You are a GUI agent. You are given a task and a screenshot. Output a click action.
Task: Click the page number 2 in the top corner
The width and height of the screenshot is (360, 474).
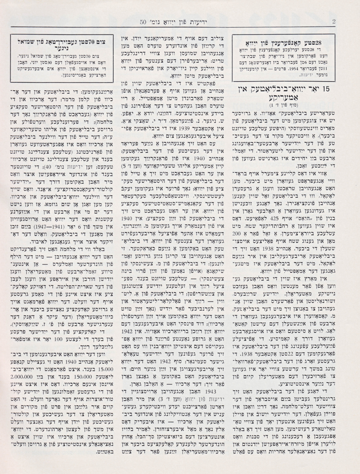point(333,22)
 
